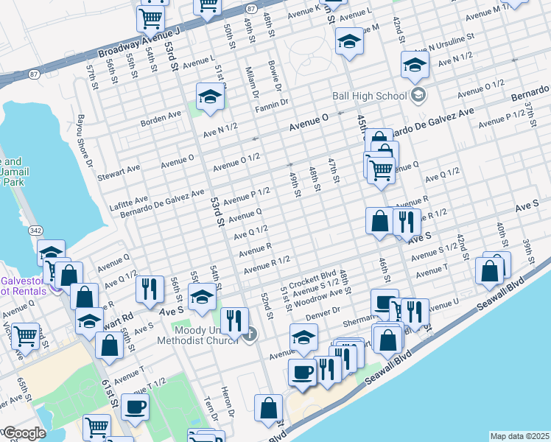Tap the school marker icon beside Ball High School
(418, 94)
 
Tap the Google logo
(24, 432)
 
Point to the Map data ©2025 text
(519, 436)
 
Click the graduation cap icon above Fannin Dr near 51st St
(210, 97)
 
